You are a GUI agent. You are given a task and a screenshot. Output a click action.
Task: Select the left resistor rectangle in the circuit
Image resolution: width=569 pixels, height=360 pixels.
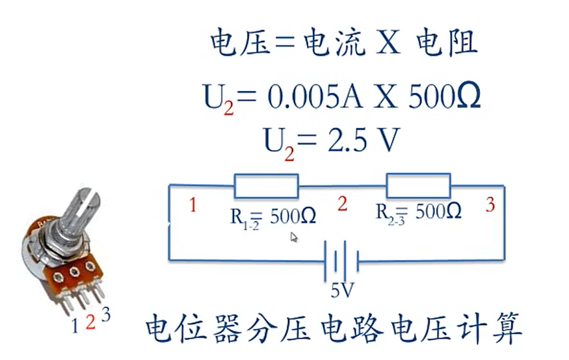coord(267,185)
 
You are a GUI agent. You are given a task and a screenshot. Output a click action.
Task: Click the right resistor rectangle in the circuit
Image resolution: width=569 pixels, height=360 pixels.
coord(418,185)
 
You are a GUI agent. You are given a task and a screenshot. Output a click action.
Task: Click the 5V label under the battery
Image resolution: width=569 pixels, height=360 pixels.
coord(342,290)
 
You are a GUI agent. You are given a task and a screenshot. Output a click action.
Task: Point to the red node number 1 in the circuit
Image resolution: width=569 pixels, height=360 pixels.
coord(192,206)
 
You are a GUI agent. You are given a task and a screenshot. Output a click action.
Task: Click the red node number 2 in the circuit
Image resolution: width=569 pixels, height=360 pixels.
coord(342,204)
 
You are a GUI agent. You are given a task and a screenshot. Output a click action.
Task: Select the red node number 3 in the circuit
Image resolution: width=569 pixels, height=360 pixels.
coord(490,205)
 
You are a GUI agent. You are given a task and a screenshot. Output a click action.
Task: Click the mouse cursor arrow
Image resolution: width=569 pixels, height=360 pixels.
coord(294,237)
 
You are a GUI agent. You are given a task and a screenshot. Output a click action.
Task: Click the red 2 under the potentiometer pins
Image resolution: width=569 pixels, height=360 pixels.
coord(90,322)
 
